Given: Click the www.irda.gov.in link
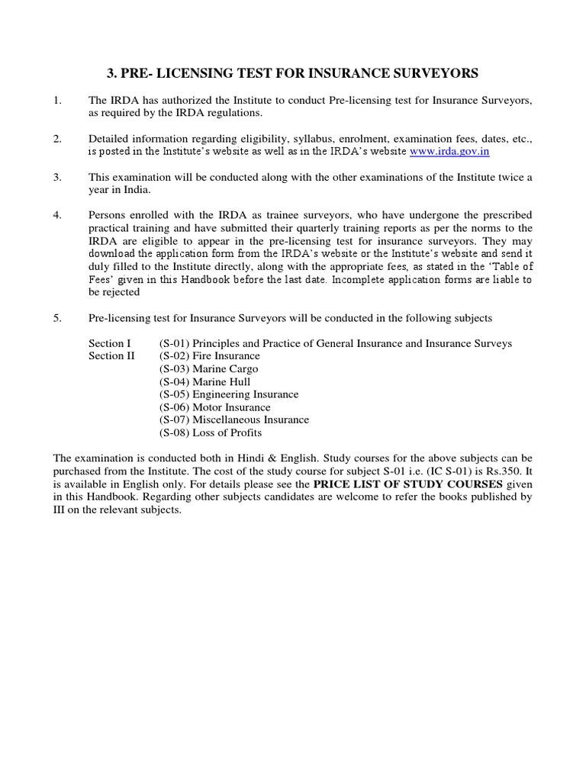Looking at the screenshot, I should [449, 152].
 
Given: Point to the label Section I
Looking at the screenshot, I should [110, 344].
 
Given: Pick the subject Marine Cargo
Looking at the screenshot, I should [226, 369].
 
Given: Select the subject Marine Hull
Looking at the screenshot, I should [222, 382].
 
